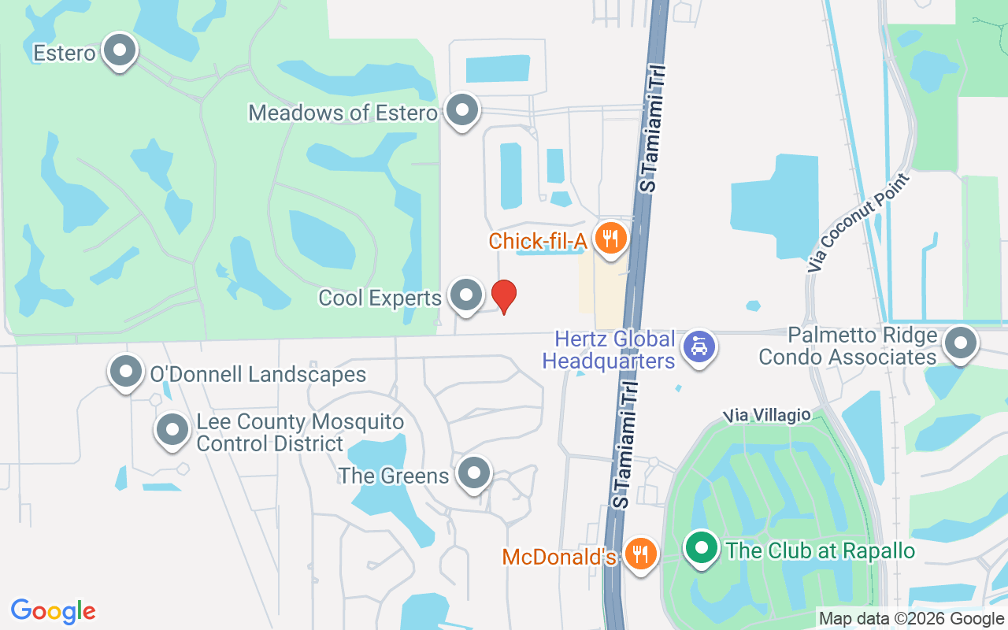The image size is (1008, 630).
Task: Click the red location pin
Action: click(x=504, y=296)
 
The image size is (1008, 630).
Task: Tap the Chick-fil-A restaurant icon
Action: click(x=610, y=237)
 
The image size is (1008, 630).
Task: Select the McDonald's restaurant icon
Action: click(x=642, y=553)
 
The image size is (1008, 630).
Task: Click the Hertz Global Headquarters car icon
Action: click(x=699, y=346)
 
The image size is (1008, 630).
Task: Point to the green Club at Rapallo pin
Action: click(x=700, y=548)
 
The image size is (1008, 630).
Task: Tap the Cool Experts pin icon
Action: click(x=466, y=295)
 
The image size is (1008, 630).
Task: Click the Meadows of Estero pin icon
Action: click(x=461, y=111)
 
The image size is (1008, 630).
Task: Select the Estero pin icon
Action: click(x=120, y=51)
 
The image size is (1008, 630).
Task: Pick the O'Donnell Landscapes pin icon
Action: click(x=126, y=372)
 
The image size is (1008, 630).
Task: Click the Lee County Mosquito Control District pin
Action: click(x=172, y=430)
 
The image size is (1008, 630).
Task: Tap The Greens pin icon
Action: click(x=474, y=474)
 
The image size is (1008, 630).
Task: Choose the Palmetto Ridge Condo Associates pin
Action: click(x=960, y=344)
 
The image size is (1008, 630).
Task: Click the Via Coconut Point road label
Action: click(x=858, y=222)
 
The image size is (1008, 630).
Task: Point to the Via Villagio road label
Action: click(x=768, y=414)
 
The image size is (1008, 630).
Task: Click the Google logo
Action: click(x=54, y=610)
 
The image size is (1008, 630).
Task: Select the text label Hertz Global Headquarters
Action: click(x=614, y=350)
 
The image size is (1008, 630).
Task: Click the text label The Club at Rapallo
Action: click(x=821, y=550)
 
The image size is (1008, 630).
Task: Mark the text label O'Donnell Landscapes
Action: click(x=258, y=374)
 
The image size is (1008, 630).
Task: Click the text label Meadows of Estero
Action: click(x=343, y=113)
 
